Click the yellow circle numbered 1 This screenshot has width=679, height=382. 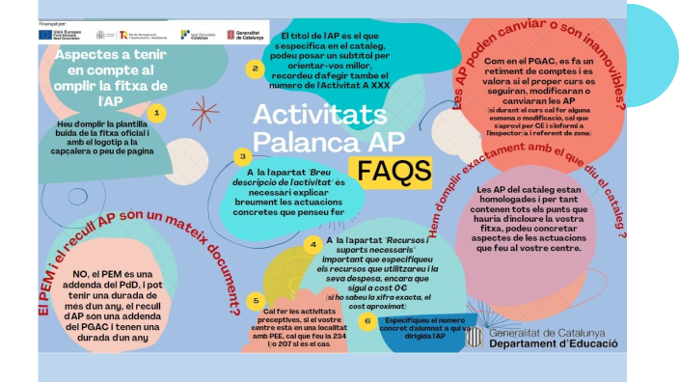point(159,113)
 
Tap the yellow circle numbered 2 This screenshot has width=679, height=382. point(254,68)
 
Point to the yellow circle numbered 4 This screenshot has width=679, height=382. point(312,244)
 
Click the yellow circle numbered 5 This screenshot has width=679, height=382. point(255,301)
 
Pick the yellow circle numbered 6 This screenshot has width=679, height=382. point(366,320)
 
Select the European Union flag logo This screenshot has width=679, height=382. point(46,35)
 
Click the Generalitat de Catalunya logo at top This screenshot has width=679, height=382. point(245,35)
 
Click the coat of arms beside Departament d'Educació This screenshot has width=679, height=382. point(474,337)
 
